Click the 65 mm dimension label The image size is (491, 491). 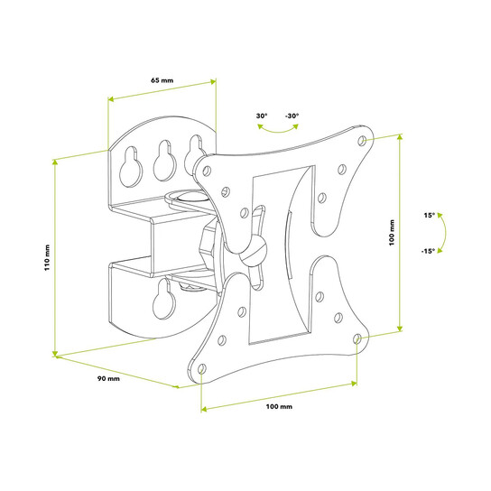point(162,80)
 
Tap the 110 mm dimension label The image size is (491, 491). point(47,257)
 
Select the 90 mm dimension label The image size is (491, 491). point(108,378)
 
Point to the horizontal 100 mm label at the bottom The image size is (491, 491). point(279,406)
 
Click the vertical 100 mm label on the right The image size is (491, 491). point(392,232)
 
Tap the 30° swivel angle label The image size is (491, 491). point(262,116)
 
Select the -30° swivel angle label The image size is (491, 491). point(292,116)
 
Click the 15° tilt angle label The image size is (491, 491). point(430,215)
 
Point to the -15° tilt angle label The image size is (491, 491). point(428,251)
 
